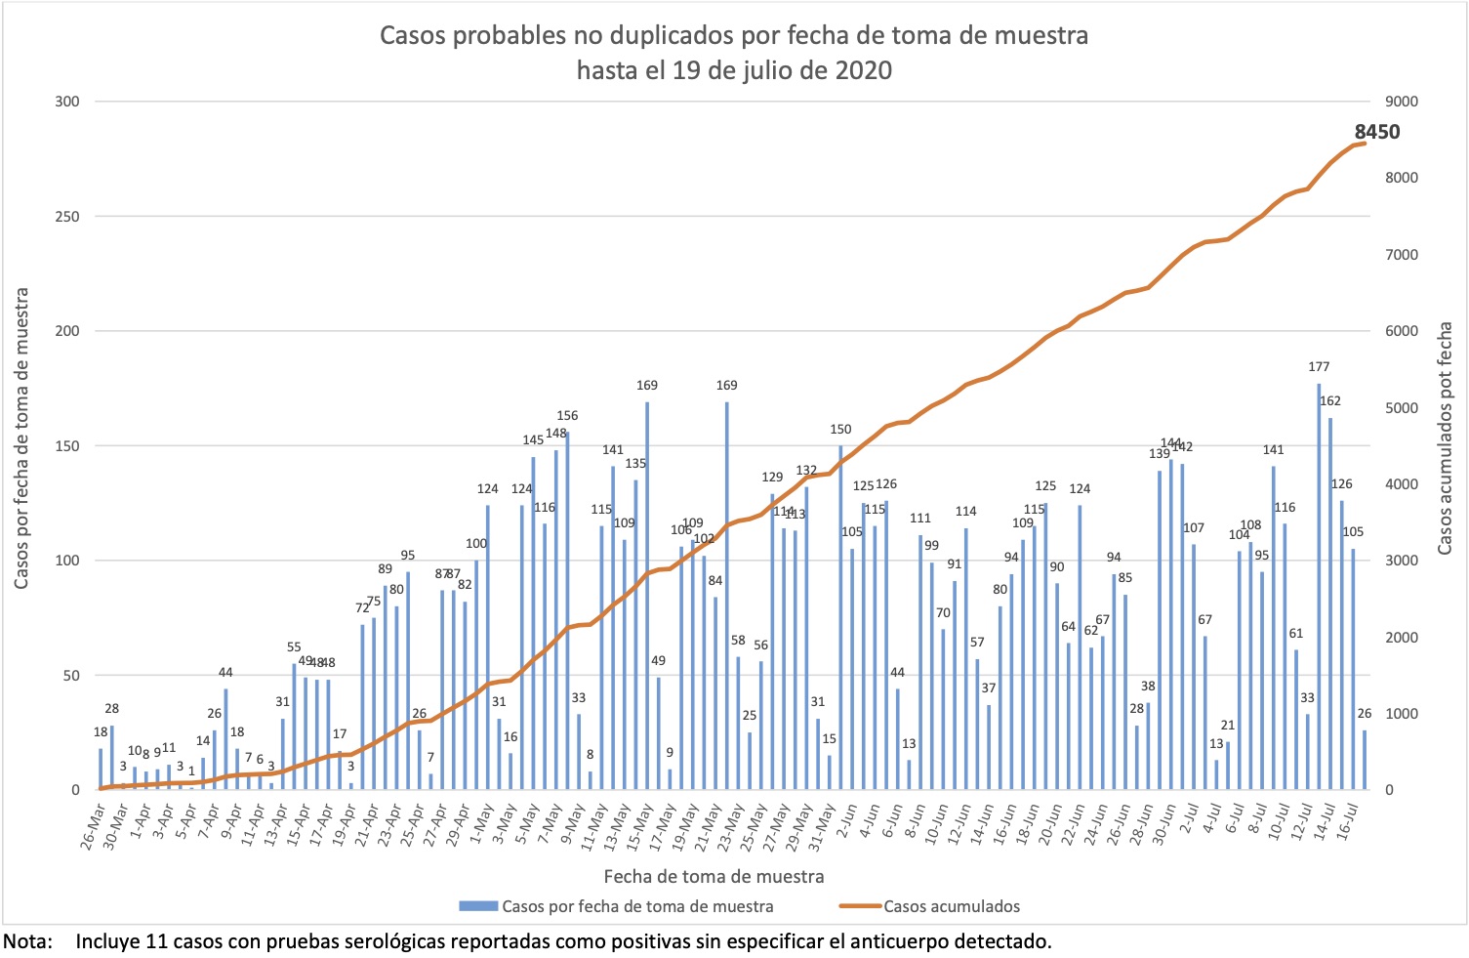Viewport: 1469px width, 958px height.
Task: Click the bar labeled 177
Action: tap(1319, 586)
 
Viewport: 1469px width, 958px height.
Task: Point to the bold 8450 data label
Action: tap(1376, 132)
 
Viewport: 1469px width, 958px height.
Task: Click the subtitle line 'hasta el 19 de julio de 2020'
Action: tap(734, 70)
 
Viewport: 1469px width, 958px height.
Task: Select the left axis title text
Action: tap(21, 438)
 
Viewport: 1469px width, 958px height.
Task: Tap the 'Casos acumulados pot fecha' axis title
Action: tap(1446, 438)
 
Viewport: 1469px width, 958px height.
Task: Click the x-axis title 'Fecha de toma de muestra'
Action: tap(714, 876)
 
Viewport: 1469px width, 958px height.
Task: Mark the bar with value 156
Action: tap(567, 610)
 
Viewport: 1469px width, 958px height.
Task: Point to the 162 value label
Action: tap(1329, 400)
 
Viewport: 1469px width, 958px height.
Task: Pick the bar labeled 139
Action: tap(1160, 630)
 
